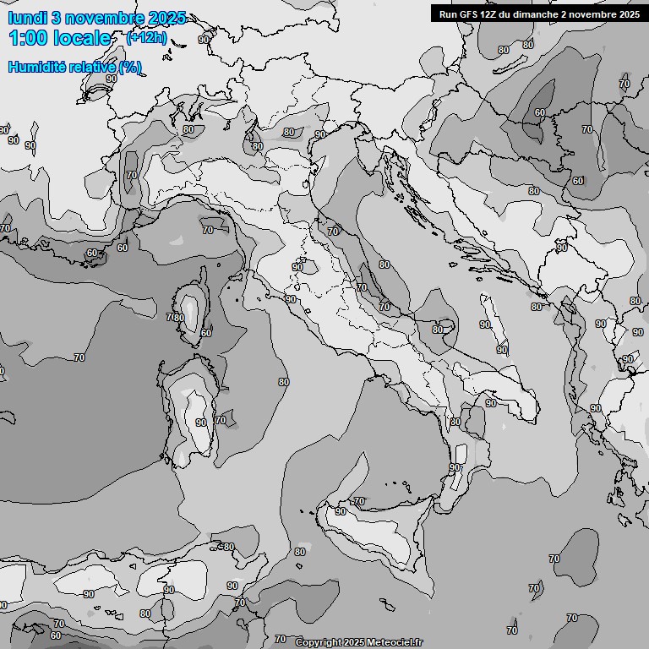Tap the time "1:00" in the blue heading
[x=29, y=38]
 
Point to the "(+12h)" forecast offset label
[x=146, y=37]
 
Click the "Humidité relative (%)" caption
[x=75, y=68]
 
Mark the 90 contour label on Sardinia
[x=200, y=423]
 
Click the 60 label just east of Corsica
[x=206, y=333]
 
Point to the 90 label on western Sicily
[x=341, y=511]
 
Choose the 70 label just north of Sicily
[x=359, y=501]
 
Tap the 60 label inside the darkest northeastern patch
[x=540, y=112]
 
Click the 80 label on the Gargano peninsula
[x=437, y=330]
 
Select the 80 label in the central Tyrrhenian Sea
[x=283, y=382]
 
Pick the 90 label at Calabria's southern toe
[x=455, y=467]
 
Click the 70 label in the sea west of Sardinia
[x=79, y=357]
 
